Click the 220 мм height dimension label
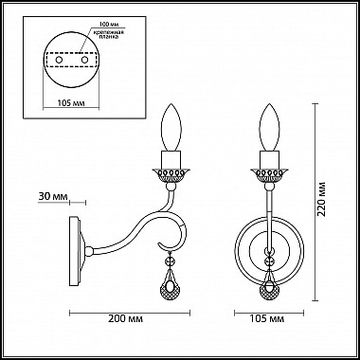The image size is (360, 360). click(325, 201)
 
